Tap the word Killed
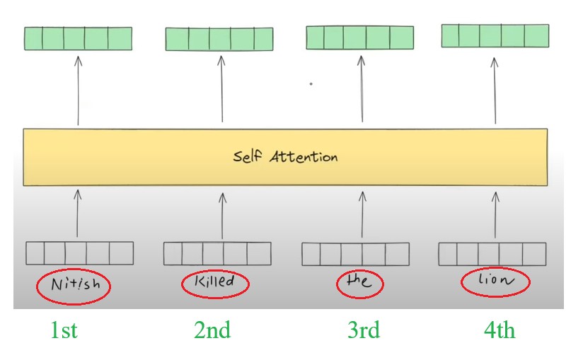(217, 284)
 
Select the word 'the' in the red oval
(359, 282)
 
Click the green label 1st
(64, 330)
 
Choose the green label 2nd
(212, 330)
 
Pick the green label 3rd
(364, 330)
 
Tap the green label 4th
(500, 330)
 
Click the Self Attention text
(285, 157)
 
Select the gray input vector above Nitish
(79, 253)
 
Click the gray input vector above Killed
(217, 253)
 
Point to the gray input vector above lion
(492, 253)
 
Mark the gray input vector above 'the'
(355, 253)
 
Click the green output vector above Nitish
(78, 38)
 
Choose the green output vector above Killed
(220, 39)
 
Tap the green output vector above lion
(495, 35)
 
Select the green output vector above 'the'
(359, 37)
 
